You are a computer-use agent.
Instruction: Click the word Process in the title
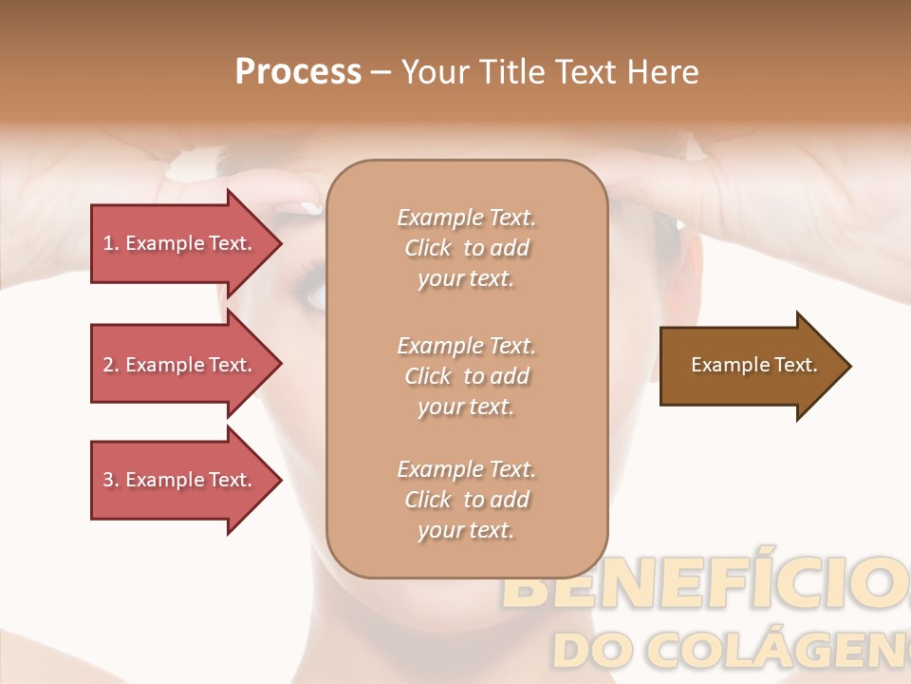(298, 72)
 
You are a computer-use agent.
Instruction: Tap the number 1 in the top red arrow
(109, 243)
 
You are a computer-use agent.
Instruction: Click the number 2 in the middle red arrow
(109, 365)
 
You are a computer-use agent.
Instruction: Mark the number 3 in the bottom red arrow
(109, 480)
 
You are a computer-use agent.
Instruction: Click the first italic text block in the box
(466, 248)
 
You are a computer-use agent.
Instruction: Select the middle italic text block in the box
(466, 376)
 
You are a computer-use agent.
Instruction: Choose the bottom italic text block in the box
(466, 500)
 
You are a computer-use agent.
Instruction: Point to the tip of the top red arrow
(280, 243)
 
